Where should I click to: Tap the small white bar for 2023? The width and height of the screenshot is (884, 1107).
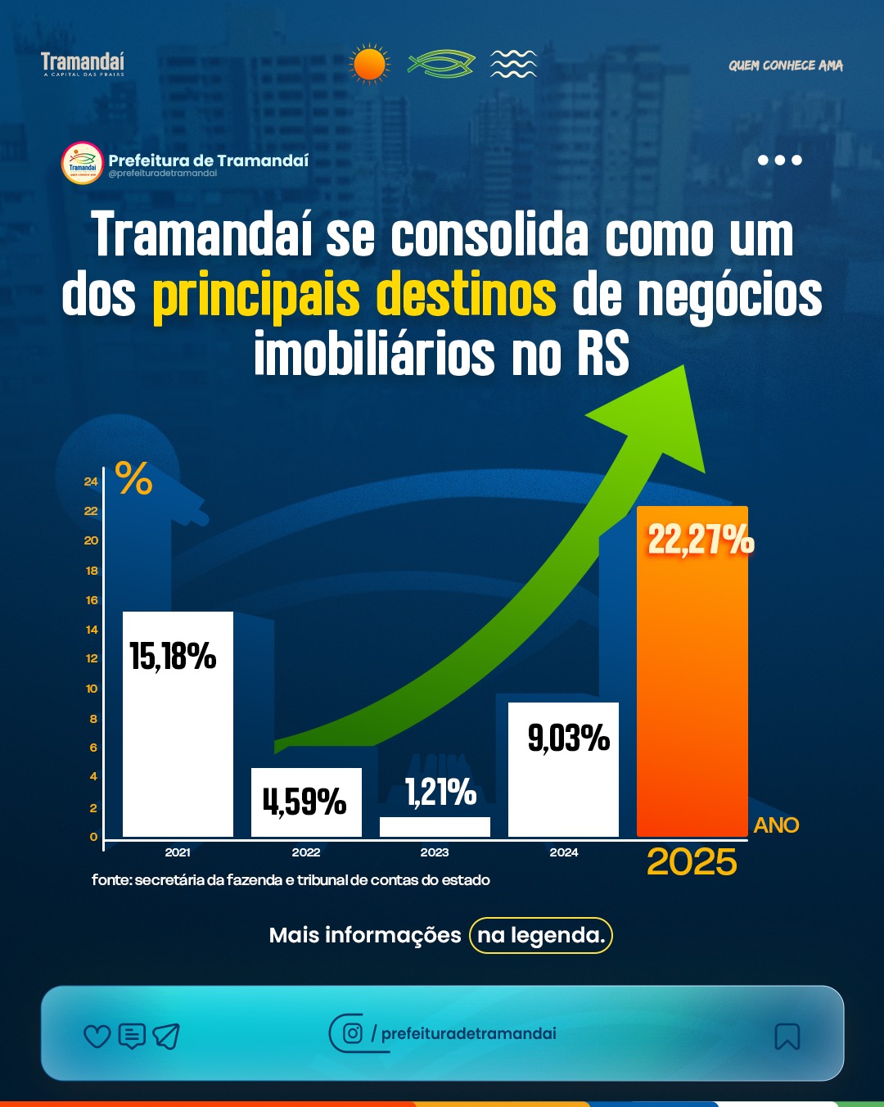435,827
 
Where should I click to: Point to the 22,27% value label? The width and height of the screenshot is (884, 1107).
701,540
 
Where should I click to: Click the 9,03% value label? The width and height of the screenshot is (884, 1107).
569,738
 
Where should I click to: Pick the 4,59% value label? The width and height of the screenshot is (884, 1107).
304,802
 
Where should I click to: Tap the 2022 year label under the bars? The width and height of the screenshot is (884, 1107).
306,852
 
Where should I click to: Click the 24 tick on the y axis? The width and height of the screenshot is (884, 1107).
91,481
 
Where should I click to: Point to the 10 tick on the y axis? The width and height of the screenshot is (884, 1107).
92,689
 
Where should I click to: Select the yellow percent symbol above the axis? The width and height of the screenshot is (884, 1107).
134,478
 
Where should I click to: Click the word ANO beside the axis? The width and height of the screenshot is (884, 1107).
776,825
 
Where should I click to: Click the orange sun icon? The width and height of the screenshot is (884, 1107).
369,64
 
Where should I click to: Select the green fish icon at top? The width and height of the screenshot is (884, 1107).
441,64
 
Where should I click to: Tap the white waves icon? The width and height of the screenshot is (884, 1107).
513,64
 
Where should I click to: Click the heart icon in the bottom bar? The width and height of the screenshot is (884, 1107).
97,1037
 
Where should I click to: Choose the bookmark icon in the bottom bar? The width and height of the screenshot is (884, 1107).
787,1037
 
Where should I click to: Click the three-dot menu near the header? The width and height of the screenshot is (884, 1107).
779,160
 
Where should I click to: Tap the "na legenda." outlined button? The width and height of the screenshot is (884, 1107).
541,935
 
